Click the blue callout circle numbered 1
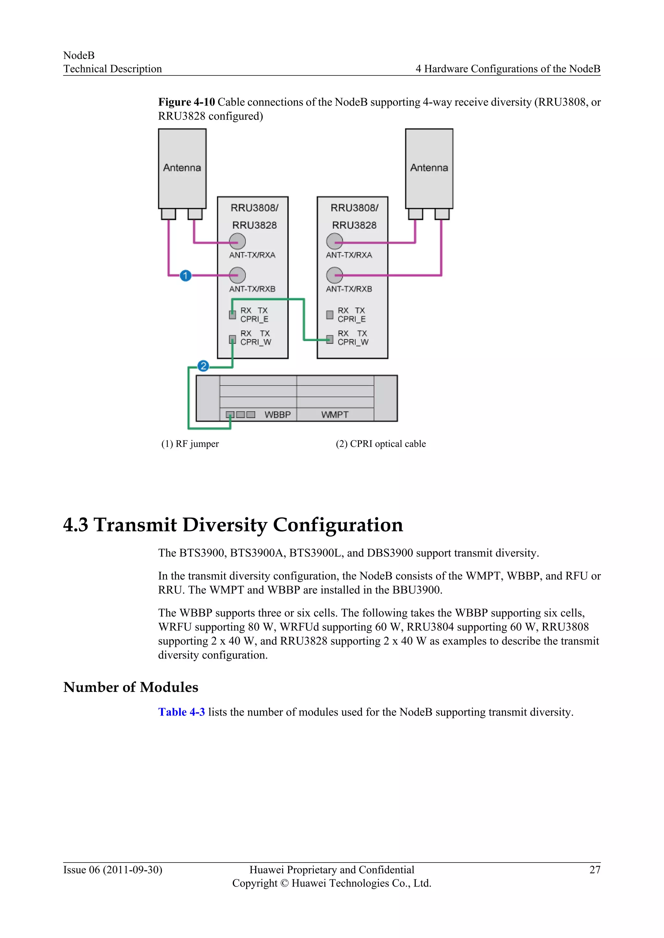point(186,276)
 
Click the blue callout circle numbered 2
point(203,366)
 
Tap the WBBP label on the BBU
point(278,415)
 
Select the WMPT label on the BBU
point(335,415)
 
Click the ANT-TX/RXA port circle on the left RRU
point(237,241)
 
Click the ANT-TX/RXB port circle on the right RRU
point(335,275)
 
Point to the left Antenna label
point(182,168)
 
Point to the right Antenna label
point(429,168)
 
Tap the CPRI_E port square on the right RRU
point(329,315)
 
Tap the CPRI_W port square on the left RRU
point(232,339)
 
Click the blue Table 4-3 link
point(182,712)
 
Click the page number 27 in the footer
point(595,870)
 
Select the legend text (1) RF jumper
point(190,444)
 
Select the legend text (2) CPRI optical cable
point(381,444)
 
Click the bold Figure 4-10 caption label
point(186,102)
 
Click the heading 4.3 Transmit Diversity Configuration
point(233,525)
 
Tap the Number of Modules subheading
point(131,687)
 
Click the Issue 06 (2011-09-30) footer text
point(113,870)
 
